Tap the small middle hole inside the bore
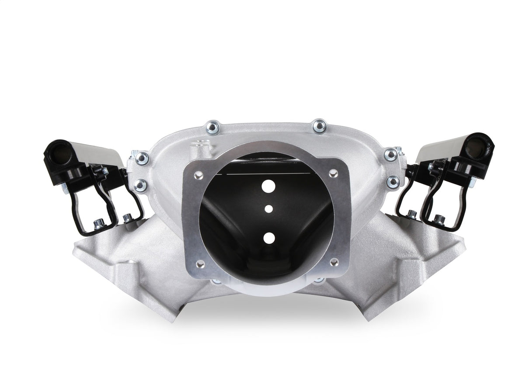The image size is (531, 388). coord(268,209)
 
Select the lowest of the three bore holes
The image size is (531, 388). coord(269,238)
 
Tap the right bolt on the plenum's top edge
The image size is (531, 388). coord(319,125)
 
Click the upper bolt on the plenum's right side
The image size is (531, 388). coord(389,154)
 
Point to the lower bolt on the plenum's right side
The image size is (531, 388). coord(392,181)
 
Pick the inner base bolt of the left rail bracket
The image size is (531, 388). coord(127,217)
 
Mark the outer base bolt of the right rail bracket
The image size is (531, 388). coord(437,218)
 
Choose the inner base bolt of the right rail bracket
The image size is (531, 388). coord(412,214)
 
